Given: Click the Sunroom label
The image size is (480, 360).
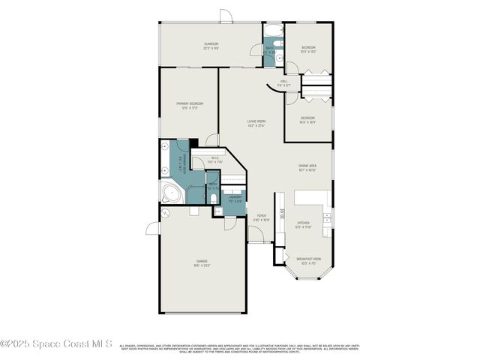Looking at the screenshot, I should click(x=211, y=45).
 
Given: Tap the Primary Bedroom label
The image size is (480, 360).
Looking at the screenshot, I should click(x=190, y=103).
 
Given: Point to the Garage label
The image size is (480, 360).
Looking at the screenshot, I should click(x=202, y=261).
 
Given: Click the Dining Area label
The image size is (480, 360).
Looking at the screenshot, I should click(x=307, y=166).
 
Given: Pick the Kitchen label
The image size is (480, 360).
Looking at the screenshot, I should click(x=303, y=223).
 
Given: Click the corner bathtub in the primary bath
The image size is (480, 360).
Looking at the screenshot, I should click(x=170, y=195).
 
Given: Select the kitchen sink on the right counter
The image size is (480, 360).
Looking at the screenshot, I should click(x=327, y=217).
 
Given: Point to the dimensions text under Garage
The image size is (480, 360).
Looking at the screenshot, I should click(x=202, y=265).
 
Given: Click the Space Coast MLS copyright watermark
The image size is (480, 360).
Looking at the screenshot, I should click(x=56, y=344).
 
